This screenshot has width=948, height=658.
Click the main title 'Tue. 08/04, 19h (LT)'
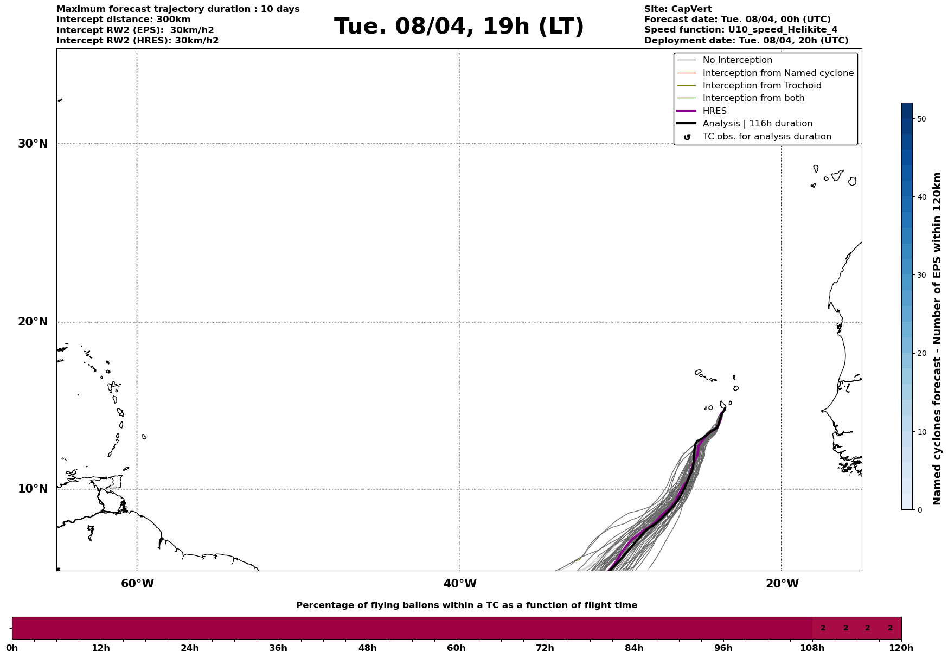tap(459, 27)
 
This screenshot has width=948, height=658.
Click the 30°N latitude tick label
tap(33, 144)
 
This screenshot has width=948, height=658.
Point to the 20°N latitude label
tap(33, 322)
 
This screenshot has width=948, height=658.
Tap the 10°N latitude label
tap(33, 489)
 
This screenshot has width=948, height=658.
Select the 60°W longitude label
tap(137, 584)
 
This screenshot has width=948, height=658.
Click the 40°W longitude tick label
tap(460, 584)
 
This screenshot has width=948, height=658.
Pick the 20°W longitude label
tap(782, 584)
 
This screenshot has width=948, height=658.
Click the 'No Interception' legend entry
tap(737, 60)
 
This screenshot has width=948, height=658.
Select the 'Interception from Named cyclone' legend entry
tap(778, 73)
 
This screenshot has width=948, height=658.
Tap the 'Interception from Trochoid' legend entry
tap(761, 86)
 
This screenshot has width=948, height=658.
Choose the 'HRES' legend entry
tap(714, 111)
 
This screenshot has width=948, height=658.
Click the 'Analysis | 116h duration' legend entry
tap(757, 124)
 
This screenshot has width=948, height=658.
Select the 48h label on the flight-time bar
tap(367, 648)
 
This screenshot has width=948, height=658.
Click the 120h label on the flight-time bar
tap(901, 648)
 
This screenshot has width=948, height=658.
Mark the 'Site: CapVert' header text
tap(677, 9)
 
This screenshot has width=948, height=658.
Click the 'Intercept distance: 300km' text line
tap(123, 20)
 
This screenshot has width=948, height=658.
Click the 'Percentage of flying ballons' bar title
tap(466, 605)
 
